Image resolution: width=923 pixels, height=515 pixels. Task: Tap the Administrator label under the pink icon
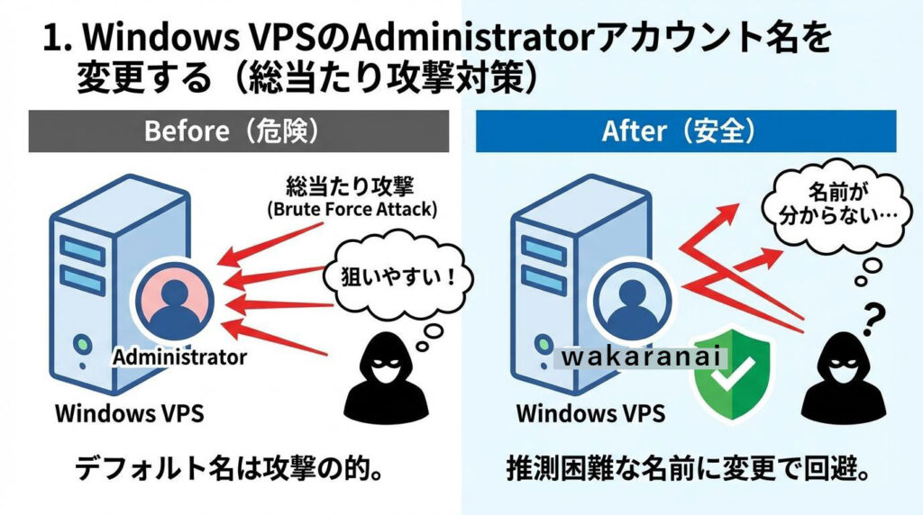point(179,357)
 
